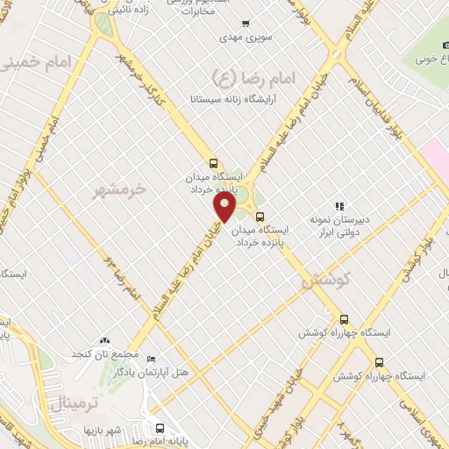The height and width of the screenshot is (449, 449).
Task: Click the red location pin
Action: point(225,208)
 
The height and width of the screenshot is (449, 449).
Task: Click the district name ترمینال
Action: point(70,404)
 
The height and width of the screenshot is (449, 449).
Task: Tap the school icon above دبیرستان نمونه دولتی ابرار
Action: point(339,206)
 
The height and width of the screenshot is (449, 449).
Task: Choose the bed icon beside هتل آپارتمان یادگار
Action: point(150,360)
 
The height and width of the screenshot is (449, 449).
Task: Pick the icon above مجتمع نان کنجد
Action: point(105,339)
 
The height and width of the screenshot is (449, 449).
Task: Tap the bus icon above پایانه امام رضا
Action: point(159,428)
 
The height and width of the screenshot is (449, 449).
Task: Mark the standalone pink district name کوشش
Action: point(325,282)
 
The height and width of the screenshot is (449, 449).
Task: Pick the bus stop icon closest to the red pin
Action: point(258,216)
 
